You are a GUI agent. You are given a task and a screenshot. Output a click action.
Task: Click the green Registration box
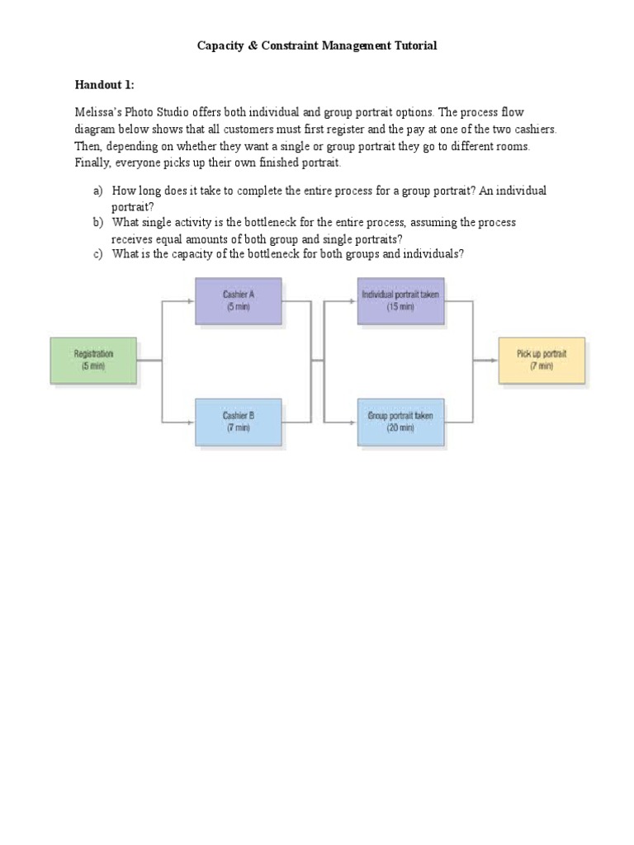point(93,360)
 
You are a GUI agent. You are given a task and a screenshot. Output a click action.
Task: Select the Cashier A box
point(238,300)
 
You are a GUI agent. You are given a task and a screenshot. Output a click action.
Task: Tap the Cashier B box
point(238,422)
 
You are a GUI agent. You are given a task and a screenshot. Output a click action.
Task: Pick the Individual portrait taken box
point(400,300)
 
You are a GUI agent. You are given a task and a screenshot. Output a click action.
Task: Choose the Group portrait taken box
point(400,422)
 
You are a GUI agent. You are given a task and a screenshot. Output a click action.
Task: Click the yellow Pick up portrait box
point(542,360)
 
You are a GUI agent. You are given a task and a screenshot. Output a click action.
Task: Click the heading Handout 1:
point(104,84)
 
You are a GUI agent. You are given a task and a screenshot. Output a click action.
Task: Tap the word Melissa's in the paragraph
point(97,112)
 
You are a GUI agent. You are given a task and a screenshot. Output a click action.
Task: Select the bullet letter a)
point(97,191)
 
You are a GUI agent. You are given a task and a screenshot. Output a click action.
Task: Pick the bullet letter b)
point(97,223)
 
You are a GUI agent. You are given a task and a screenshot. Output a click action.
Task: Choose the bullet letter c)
point(97,254)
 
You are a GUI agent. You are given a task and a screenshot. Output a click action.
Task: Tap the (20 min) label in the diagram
point(400,428)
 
